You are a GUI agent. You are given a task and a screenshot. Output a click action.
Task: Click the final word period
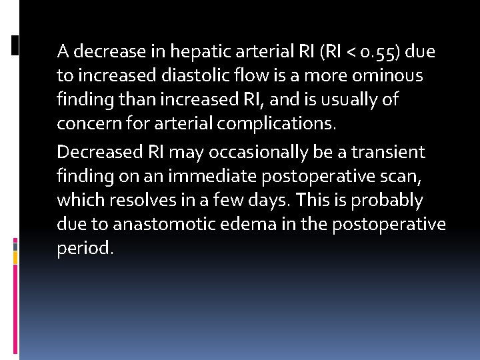tap(85, 249)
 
